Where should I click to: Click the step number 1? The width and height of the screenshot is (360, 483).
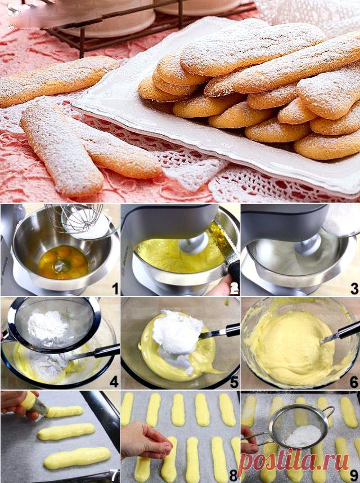pos(115,289)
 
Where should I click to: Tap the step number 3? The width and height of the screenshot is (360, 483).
pos(354,289)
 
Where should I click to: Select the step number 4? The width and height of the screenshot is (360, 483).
pos(114,382)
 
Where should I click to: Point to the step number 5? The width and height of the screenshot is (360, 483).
pos(234,382)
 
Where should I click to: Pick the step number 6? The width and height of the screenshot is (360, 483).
pos(354,382)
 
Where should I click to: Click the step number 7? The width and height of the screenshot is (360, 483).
pos(115,475)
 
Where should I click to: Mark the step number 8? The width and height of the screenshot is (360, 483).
pos(233,475)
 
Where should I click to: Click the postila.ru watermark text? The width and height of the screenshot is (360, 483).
pos(293,462)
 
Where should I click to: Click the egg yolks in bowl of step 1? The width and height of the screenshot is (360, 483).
pos(64,262)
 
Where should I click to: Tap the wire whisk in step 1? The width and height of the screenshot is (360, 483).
pos(77,217)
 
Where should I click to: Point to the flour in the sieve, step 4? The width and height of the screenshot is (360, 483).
pos(48,325)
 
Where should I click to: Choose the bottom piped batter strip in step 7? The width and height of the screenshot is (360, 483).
pos(76,458)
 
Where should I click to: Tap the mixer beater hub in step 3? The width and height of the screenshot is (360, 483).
pos(307,244)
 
